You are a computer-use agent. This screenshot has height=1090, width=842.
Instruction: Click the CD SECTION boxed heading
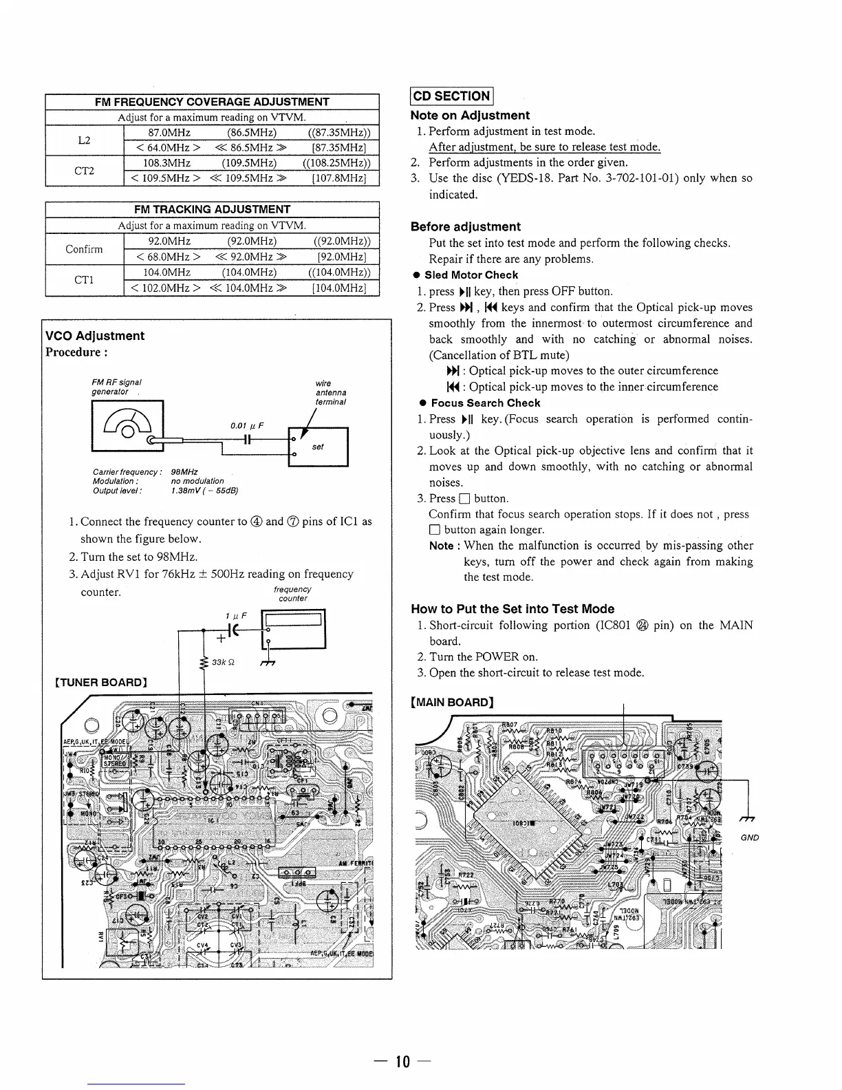pyautogui.click(x=451, y=96)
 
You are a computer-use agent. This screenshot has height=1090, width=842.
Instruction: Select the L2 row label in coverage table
pyautogui.click(x=84, y=140)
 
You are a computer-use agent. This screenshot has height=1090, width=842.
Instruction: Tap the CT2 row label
pyautogui.click(x=84, y=171)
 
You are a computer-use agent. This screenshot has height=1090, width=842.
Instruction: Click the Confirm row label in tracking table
pyautogui.click(x=84, y=248)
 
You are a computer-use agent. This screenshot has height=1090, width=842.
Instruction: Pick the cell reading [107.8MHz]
pyautogui.click(x=338, y=179)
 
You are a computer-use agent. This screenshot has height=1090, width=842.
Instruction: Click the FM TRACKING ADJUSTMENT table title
pyautogui.click(x=213, y=209)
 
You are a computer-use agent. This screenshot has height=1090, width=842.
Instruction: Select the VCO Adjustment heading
pyautogui.click(x=94, y=336)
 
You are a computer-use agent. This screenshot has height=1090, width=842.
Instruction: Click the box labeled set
pyautogui.click(x=319, y=447)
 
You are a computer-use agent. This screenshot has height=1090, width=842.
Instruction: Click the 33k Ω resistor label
pyautogui.click(x=225, y=662)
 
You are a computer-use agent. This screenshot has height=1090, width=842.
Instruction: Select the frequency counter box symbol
pyautogui.click(x=293, y=630)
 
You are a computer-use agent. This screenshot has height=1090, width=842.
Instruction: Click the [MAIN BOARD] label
pyautogui.click(x=452, y=703)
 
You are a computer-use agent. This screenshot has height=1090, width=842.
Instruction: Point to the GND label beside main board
pyautogui.click(x=750, y=837)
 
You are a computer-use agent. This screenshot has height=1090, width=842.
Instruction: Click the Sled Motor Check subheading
pyautogui.click(x=471, y=275)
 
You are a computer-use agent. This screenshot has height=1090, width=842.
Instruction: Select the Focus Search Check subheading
pyautogui.click(x=485, y=403)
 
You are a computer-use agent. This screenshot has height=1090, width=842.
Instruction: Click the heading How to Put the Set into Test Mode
pyautogui.click(x=512, y=608)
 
